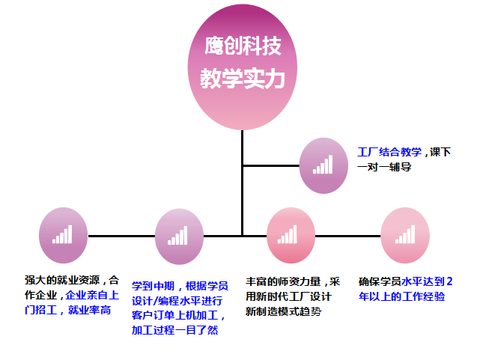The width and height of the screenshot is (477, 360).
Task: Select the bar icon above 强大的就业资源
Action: [62, 236]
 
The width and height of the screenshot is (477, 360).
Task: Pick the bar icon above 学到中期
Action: [178, 236]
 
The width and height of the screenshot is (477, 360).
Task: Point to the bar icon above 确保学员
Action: [405, 236]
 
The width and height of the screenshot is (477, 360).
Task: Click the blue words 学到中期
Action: [154, 286]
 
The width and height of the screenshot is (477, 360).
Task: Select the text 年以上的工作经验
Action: [402, 296]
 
